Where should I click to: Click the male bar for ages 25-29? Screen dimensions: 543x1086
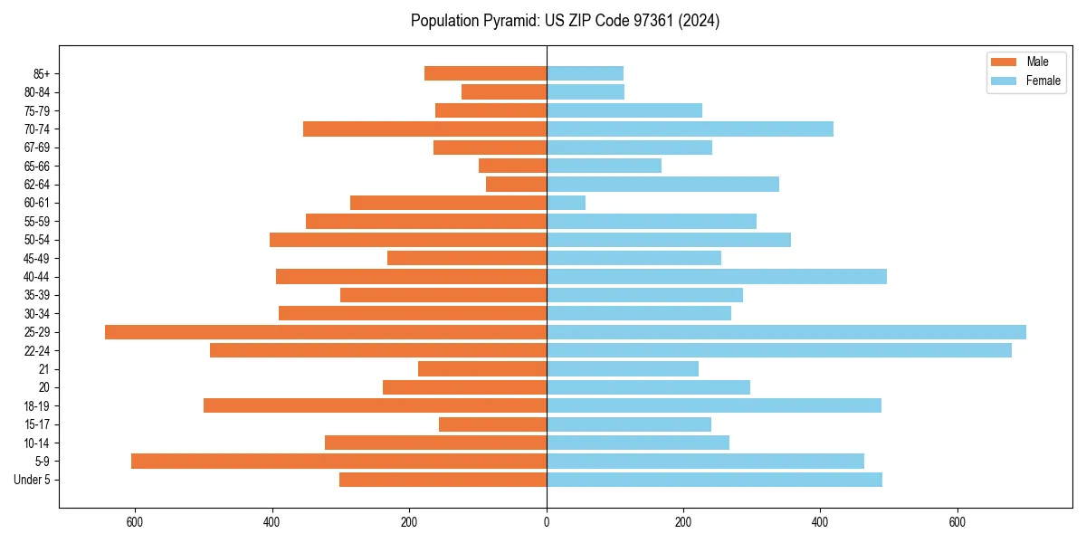[326, 332]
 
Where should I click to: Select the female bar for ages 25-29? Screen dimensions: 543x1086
[786, 332]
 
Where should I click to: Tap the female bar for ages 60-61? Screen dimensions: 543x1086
[566, 203]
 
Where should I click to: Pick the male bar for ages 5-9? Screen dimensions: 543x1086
[339, 462]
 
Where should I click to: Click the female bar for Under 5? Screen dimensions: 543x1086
[714, 480]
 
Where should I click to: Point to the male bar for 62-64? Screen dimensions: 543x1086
[516, 185]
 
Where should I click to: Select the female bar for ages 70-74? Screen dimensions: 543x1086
[690, 129]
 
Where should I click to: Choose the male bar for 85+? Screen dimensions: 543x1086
[485, 73]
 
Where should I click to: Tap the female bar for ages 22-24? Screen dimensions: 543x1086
[778, 350]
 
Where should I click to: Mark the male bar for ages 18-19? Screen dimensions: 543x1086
[375, 405]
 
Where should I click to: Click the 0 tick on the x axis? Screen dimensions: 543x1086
[547, 521]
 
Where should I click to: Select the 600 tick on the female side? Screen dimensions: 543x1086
[957, 521]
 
